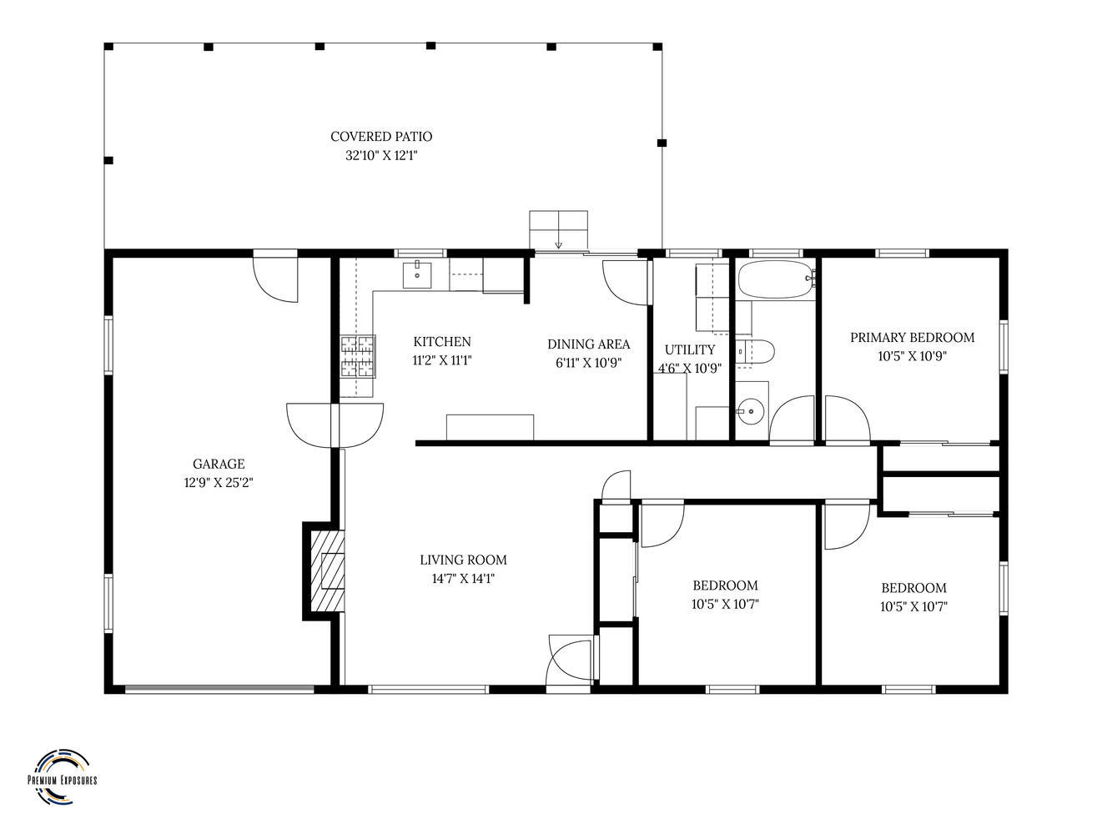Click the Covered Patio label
point(381,136)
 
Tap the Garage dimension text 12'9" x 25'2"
point(219,482)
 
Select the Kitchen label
point(442,341)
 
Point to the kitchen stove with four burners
point(358,356)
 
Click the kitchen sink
point(417,274)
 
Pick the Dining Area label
point(589,344)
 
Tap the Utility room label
point(690,349)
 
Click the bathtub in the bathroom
point(776,279)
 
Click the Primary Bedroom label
point(912,337)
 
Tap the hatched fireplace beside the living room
point(327,570)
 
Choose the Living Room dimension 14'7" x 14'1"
point(463,578)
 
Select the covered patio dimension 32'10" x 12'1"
point(381,155)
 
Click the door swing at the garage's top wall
point(275,279)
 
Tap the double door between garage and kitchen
point(335,425)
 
